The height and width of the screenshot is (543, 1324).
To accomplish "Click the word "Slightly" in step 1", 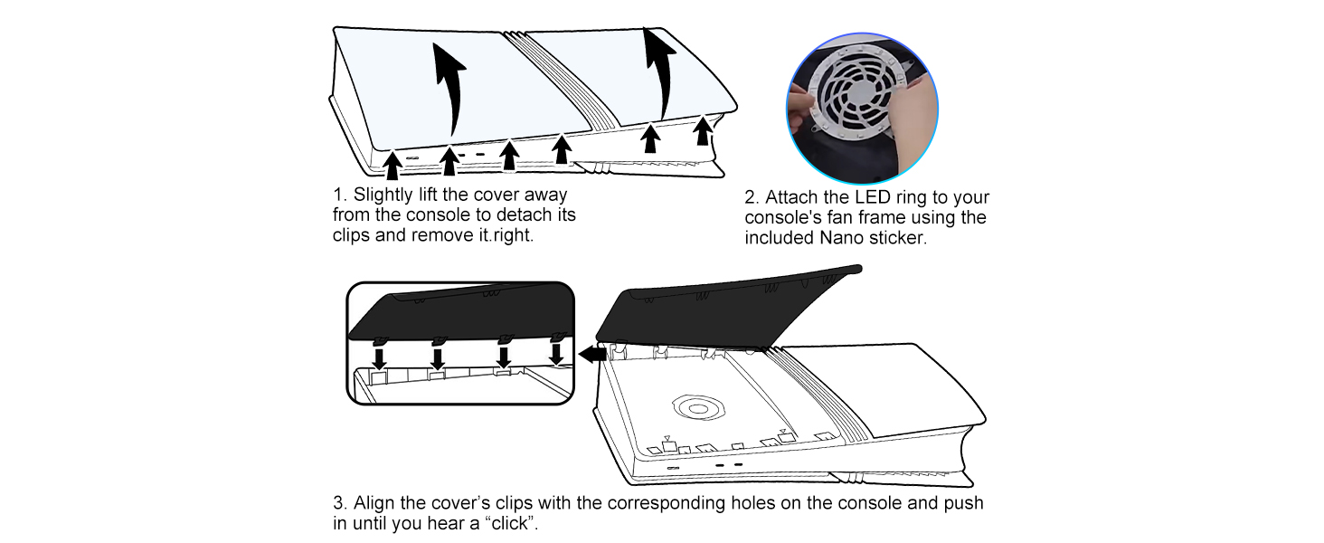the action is tap(383, 195).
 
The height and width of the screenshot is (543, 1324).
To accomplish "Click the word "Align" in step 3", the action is tap(374, 503).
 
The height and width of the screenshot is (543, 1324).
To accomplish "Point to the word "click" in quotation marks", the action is tap(507, 523).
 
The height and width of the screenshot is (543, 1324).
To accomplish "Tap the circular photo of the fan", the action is tap(862, 109).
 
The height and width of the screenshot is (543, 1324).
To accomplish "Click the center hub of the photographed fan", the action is tap(857, 97).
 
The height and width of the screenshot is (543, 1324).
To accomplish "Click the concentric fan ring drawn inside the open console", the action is tap(698, 408).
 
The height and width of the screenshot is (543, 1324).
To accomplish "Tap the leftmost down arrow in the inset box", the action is tap(379, 358).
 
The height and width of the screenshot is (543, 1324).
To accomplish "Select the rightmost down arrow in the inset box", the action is tap(555, 354).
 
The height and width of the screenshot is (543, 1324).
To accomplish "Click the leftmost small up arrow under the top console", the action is tap(392, 165).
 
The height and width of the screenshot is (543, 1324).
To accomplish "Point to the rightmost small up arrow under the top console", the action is tap(702, 130).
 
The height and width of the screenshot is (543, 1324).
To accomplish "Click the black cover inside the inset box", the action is tap(460, 313).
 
